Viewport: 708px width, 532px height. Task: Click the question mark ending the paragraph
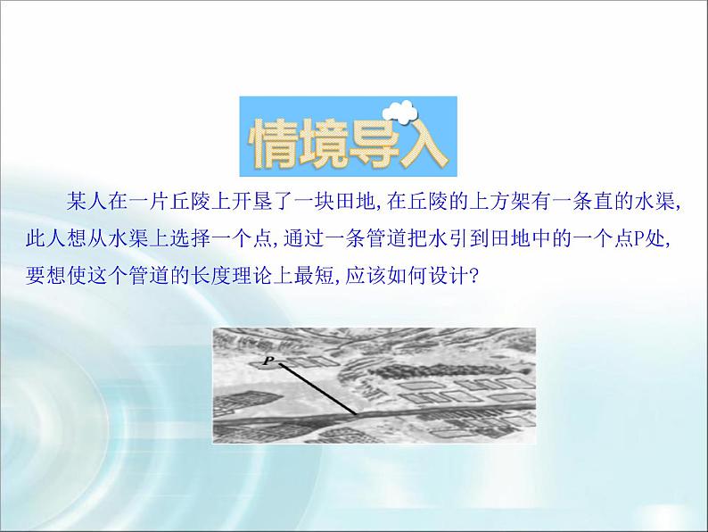point(474,274)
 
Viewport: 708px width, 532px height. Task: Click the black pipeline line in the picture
point(314,387)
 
